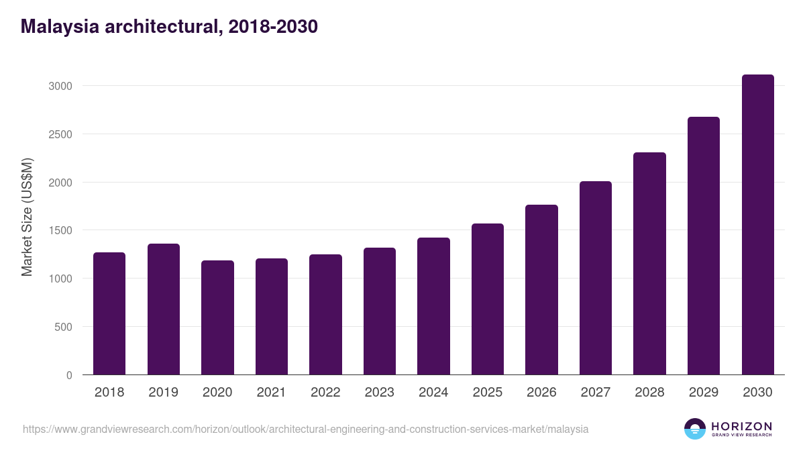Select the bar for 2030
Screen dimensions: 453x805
(757, 225)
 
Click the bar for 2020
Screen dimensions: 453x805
(217, 317)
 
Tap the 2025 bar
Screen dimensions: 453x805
(487, 299)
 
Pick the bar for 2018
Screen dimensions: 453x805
(109, 313)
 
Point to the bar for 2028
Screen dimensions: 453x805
(649, 264)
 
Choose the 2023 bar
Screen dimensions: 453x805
(379, 311)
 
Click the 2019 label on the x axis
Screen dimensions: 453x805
(163, 393)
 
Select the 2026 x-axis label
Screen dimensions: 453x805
(541, 393)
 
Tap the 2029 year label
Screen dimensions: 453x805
(703, 393)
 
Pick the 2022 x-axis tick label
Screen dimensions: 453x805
(325, 393)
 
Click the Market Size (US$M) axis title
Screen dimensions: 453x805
(27, 217)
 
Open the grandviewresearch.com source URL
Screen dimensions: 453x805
(305, 429)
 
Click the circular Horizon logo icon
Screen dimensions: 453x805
(695, 429)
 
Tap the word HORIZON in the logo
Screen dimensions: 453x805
(741, 426)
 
